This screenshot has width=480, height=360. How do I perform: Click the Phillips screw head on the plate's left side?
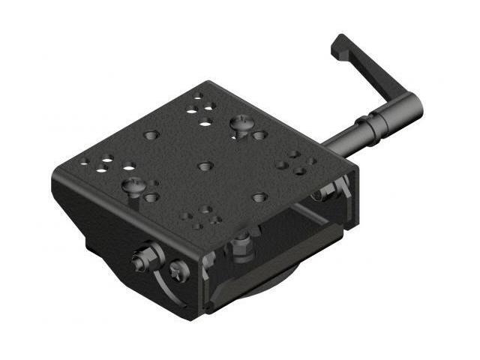(133, 183)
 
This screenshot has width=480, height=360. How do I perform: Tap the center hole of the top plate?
(205, 166)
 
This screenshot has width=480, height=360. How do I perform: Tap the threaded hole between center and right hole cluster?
(259, 197)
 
